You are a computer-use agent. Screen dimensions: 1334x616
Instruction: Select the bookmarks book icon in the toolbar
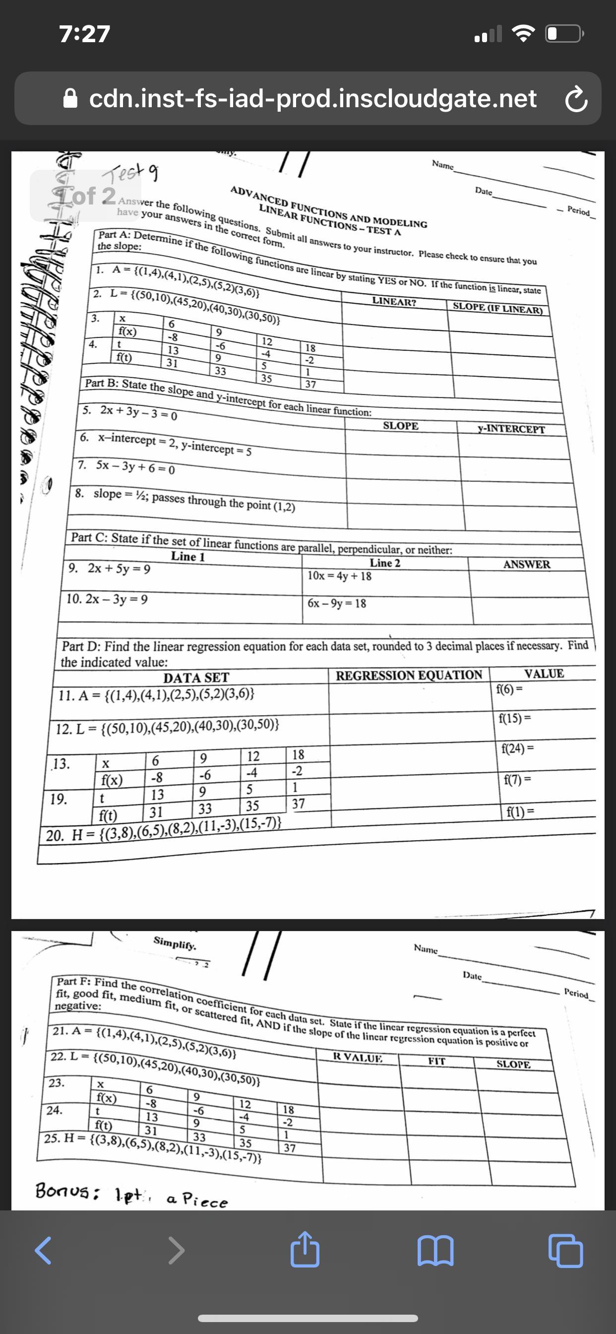436,1251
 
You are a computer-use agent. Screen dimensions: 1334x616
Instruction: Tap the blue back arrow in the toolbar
44,1251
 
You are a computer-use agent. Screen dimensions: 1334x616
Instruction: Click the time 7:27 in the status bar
85,34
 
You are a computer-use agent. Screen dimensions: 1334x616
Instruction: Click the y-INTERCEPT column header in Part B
511,429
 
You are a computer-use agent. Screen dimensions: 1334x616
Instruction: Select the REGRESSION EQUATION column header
409,675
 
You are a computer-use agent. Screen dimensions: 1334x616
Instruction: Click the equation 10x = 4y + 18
340,576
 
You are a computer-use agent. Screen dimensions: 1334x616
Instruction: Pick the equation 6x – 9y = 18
337,603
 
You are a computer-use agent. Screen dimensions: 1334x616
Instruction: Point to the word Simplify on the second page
175,943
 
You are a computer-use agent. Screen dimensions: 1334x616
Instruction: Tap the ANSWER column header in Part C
526,564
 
